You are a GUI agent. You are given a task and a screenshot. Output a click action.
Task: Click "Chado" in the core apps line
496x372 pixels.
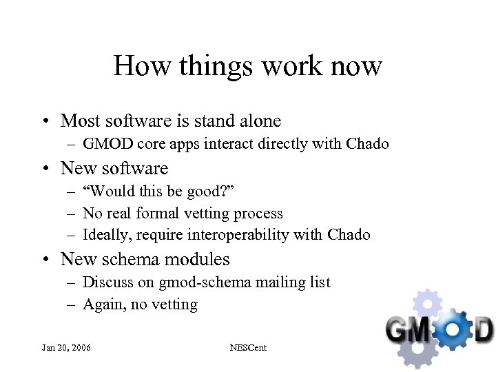368,145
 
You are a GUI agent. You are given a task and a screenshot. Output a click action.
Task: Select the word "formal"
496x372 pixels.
169,214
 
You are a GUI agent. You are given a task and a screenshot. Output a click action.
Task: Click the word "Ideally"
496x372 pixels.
107,236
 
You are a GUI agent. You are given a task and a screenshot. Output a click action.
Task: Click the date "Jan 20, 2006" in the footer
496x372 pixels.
65,348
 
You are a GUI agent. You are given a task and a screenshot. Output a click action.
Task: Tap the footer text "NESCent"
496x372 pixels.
248,348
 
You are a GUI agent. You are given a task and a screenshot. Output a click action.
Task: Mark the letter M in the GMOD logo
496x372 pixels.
429,327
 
